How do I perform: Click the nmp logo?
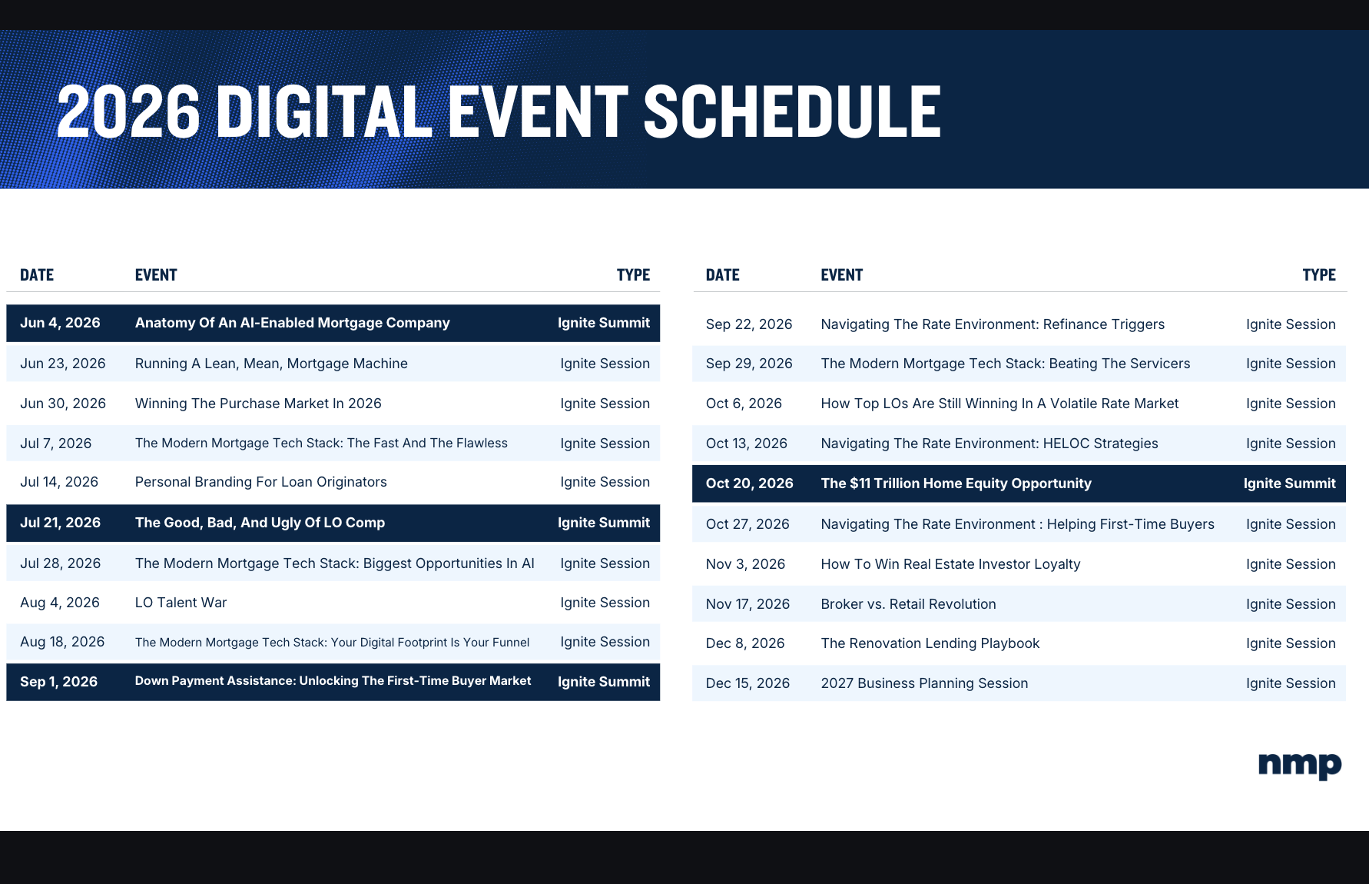point(1300,766)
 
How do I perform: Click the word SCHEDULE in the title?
point(792,111)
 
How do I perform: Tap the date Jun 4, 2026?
point(60,323)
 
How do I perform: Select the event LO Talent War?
point(181,603)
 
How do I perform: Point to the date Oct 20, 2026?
point(750,484)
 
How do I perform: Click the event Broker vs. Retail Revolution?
point(908,604)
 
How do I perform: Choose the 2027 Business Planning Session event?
point(924,683)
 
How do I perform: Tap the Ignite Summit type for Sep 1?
point(604,682)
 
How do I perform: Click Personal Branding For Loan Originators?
point(260,482)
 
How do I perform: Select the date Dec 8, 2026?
point(745,643)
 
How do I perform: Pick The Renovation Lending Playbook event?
point(930,643)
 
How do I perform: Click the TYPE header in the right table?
point(1319,275)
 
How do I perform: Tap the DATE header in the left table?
point(37,275)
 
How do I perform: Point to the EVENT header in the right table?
point(842,275)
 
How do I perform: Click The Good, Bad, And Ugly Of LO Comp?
point(260,523)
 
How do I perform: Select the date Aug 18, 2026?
point(62,642)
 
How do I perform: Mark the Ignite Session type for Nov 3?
point(1291,564)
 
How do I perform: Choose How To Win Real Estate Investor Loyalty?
point(950,564)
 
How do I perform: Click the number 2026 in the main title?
point(128,111)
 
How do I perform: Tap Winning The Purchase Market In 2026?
point(258,404)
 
